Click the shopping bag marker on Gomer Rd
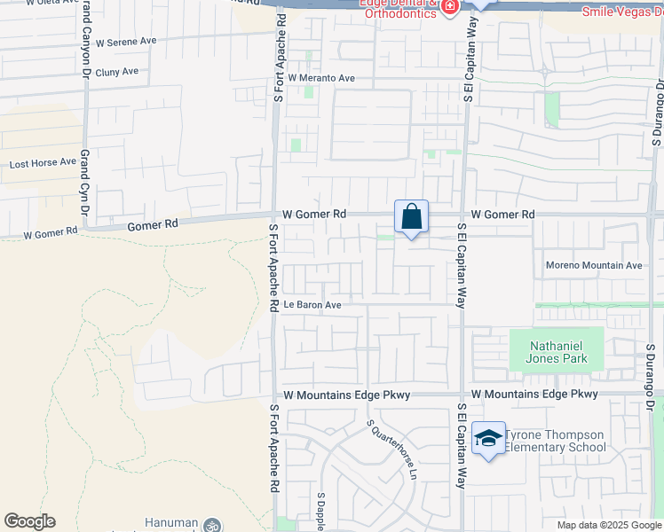click(x=412, y=216)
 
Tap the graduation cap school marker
click(x=488, y=438)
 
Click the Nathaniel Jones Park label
click(x=557, y=353)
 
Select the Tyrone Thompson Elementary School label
click(x=555, y=441)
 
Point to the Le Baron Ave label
click(x=312, y=305)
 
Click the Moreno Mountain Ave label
click(x=593, y=265)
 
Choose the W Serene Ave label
click(x=125, y=42)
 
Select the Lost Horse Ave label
click(x=43, y=164)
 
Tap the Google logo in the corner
click(x=29, y=521)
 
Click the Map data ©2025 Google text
click(x=609, y=525)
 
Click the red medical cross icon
click(x=450, y=7)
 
